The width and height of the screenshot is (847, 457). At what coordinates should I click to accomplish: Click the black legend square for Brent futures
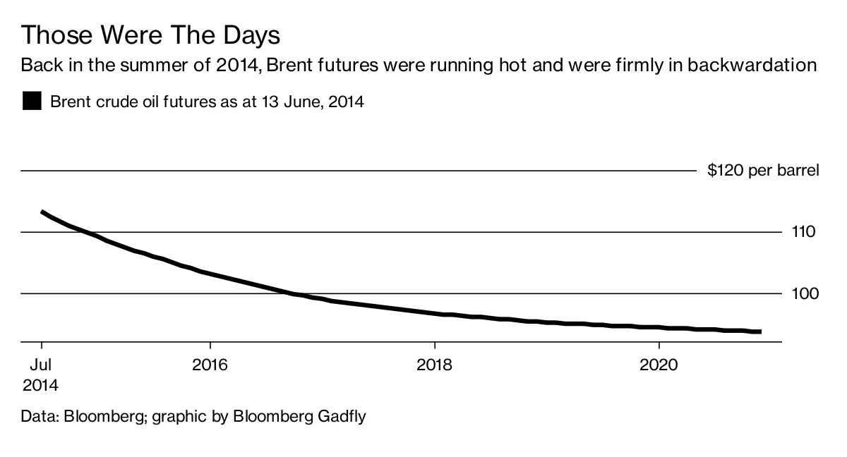coord(32,102)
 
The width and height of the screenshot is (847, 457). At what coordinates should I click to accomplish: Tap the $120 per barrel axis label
coord(763,171)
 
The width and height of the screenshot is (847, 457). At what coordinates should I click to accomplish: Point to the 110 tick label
coord(803,232)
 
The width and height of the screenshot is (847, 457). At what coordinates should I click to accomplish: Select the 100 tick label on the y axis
coord(803,293)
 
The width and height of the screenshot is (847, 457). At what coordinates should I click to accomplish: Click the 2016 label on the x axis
coord(210,365)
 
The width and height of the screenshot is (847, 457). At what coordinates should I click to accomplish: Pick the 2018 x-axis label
coord(435,365)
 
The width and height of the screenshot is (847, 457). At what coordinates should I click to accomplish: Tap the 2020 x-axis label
coord(659,365)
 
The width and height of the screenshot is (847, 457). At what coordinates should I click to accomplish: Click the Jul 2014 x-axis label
coord(41,375)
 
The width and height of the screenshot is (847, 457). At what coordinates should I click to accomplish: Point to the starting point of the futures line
coord(42,212)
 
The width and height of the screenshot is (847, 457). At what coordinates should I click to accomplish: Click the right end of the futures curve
coord(759,331)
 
